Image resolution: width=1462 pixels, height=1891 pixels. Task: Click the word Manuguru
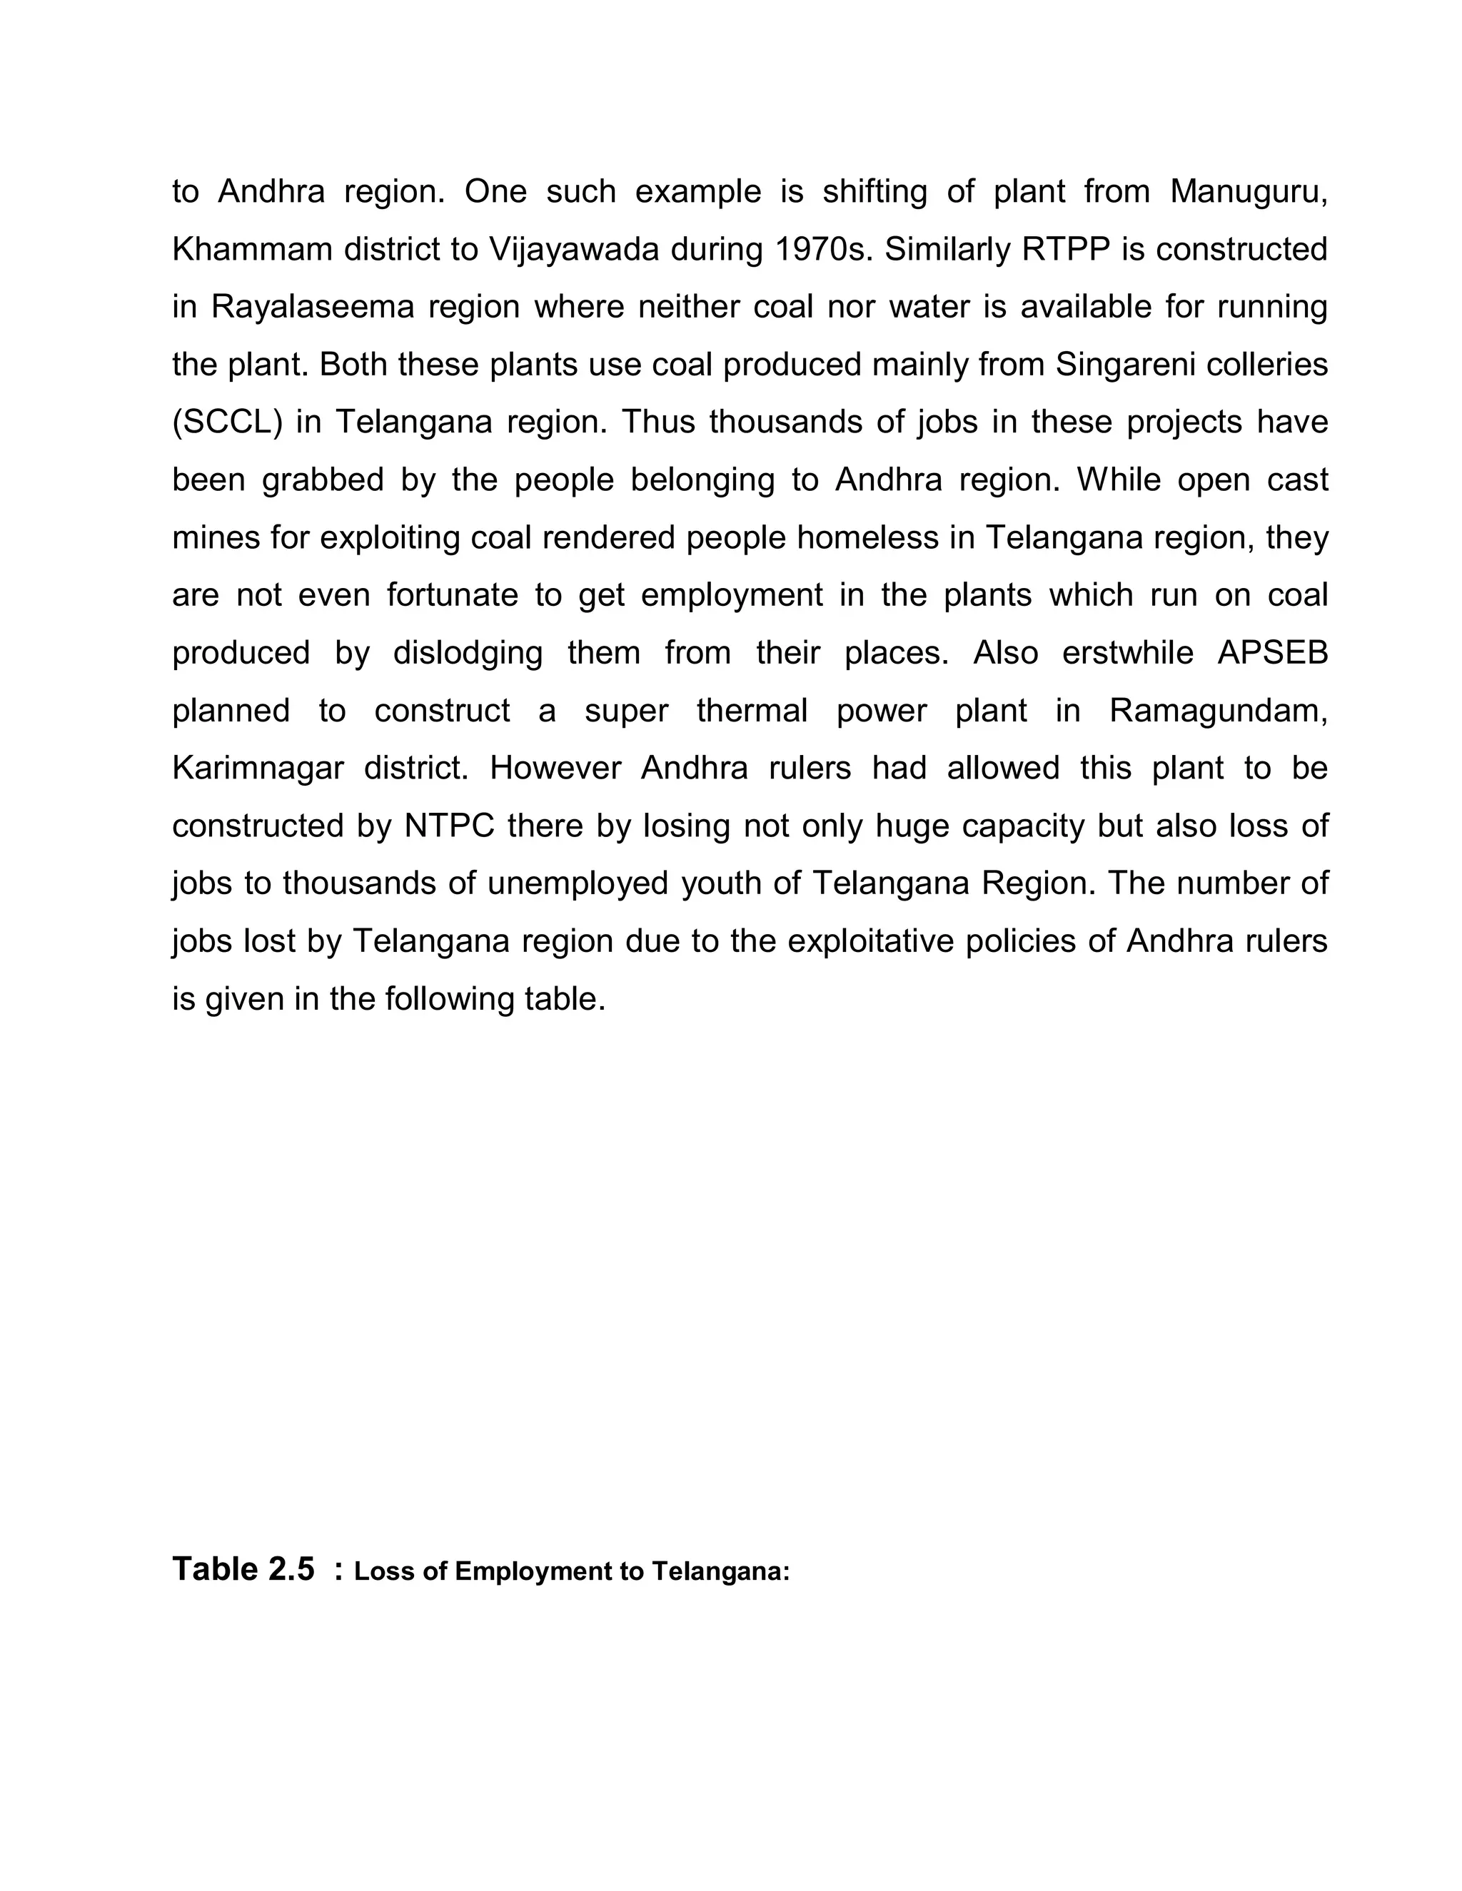[1247, 191]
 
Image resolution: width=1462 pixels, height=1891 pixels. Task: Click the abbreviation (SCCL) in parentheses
[228, 422]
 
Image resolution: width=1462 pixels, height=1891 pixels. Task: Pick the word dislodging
[468, 653]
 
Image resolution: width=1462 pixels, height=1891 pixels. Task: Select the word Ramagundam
[1218, 711]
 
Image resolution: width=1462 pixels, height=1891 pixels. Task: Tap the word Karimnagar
[258, 769]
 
